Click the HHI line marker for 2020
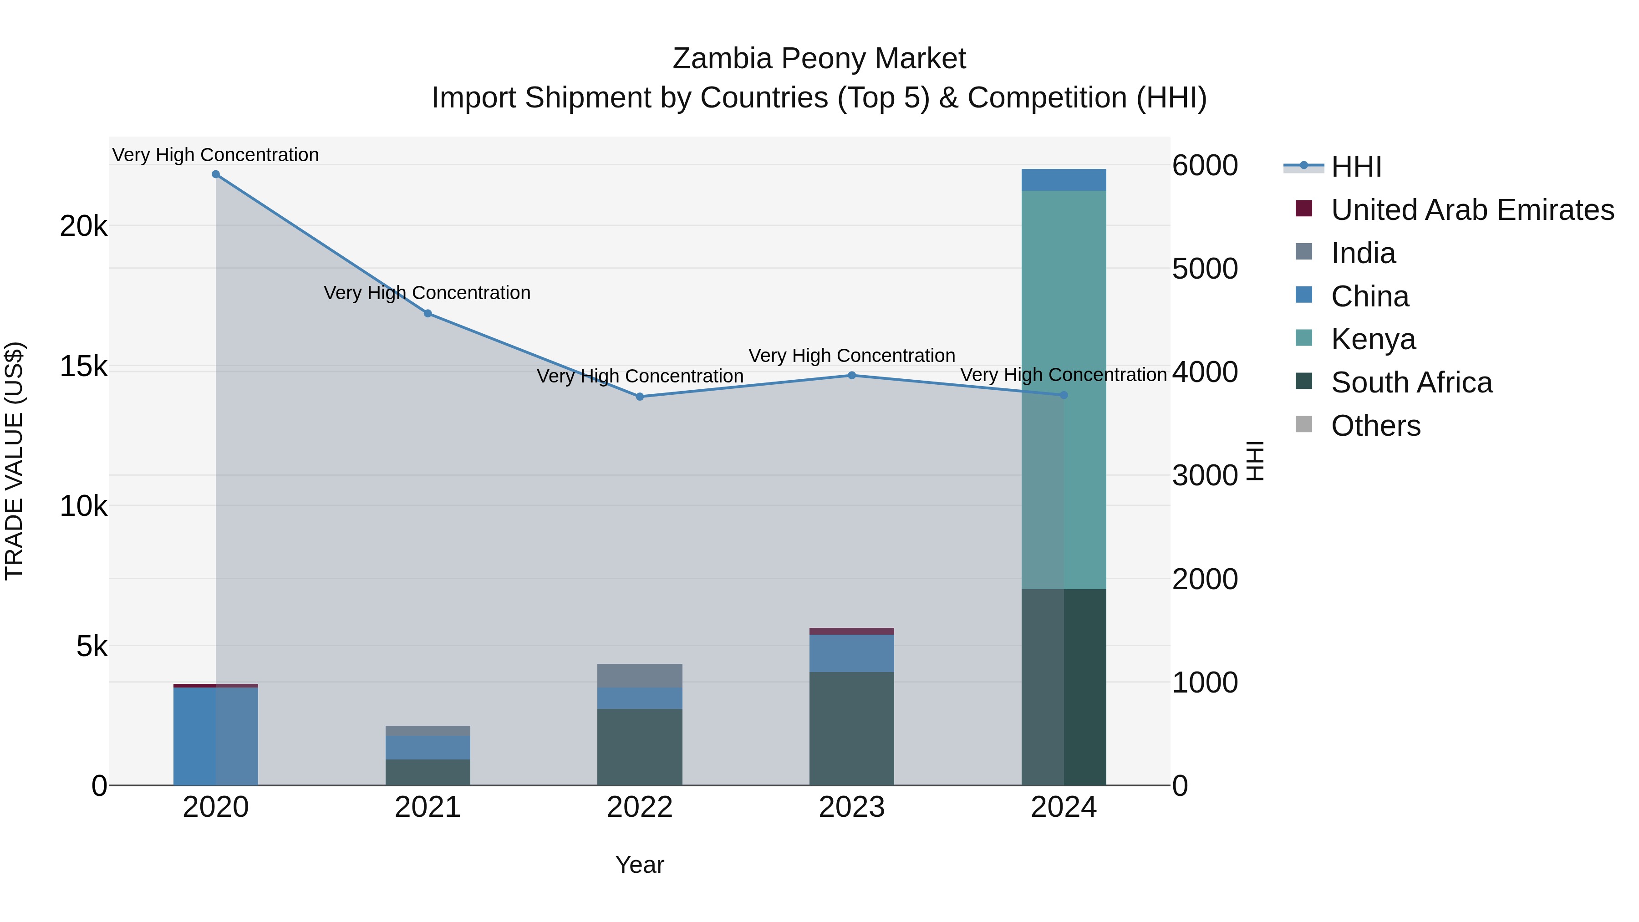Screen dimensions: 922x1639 pos(216,174)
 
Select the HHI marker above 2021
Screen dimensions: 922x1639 pos(428,314)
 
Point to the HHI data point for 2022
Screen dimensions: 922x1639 pos(640,397)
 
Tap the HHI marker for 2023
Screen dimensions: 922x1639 pos(852,376)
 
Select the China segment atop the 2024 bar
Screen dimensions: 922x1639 pos(1064,180)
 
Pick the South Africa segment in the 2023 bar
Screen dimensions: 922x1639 pos(852,728)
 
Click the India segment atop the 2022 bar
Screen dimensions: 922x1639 pos(640,675)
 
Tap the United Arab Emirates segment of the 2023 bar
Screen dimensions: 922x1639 pos(852,631)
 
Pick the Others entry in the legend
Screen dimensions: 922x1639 pos(1375,426)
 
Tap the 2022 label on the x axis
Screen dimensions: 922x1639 pos(640,807)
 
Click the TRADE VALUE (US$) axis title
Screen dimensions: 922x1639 pos(14,461)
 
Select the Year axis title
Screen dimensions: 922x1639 pos(640,865)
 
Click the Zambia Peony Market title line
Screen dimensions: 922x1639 pos(819,59)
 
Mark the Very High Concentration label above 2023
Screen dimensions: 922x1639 pos(852,356)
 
